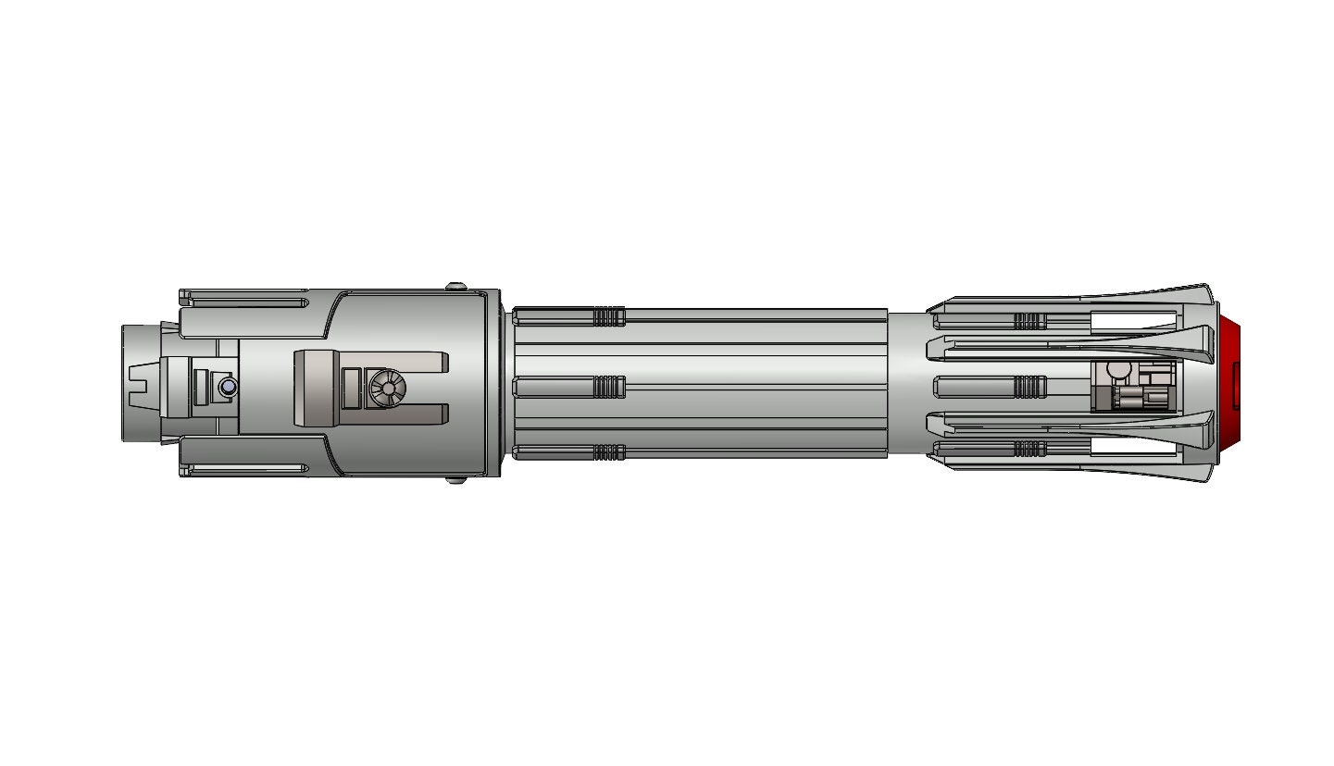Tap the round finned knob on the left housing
pos(386,389)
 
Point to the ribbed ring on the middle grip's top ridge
pos(608,317)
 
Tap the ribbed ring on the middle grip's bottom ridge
pos(608,452)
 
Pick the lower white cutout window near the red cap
pos(1132,448)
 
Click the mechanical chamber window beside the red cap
pos(1134,386)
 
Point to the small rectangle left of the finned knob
pos(351,388)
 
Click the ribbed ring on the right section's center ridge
pos(1029,385)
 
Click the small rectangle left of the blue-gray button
pos(200,386)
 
